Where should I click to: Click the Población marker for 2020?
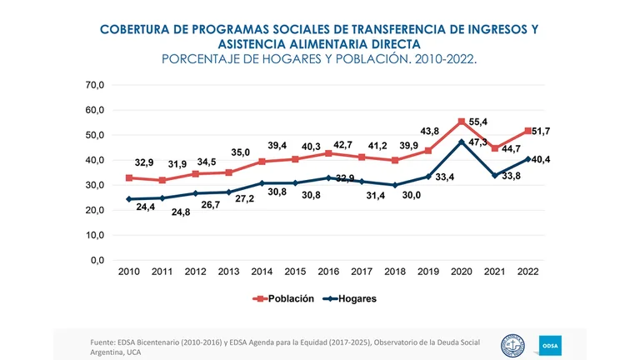(x=462, y=122)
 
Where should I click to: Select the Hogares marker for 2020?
(x=462, y=142)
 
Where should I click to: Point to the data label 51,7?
(x=541, y=131)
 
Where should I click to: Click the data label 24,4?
(x=146, y=207)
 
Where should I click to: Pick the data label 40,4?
(x=541, y=159)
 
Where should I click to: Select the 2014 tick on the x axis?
(x=262, y=272)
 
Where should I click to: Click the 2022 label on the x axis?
(x=527, y=272)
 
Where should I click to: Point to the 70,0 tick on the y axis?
(x=93, y=85)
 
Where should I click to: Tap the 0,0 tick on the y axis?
(x=97, y=260)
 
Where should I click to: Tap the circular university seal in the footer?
(x=512, y=345)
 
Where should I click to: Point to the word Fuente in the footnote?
(x=105, y=342)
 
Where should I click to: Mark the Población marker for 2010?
(x=129, y=177)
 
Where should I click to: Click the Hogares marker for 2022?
(x=527, y=159)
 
